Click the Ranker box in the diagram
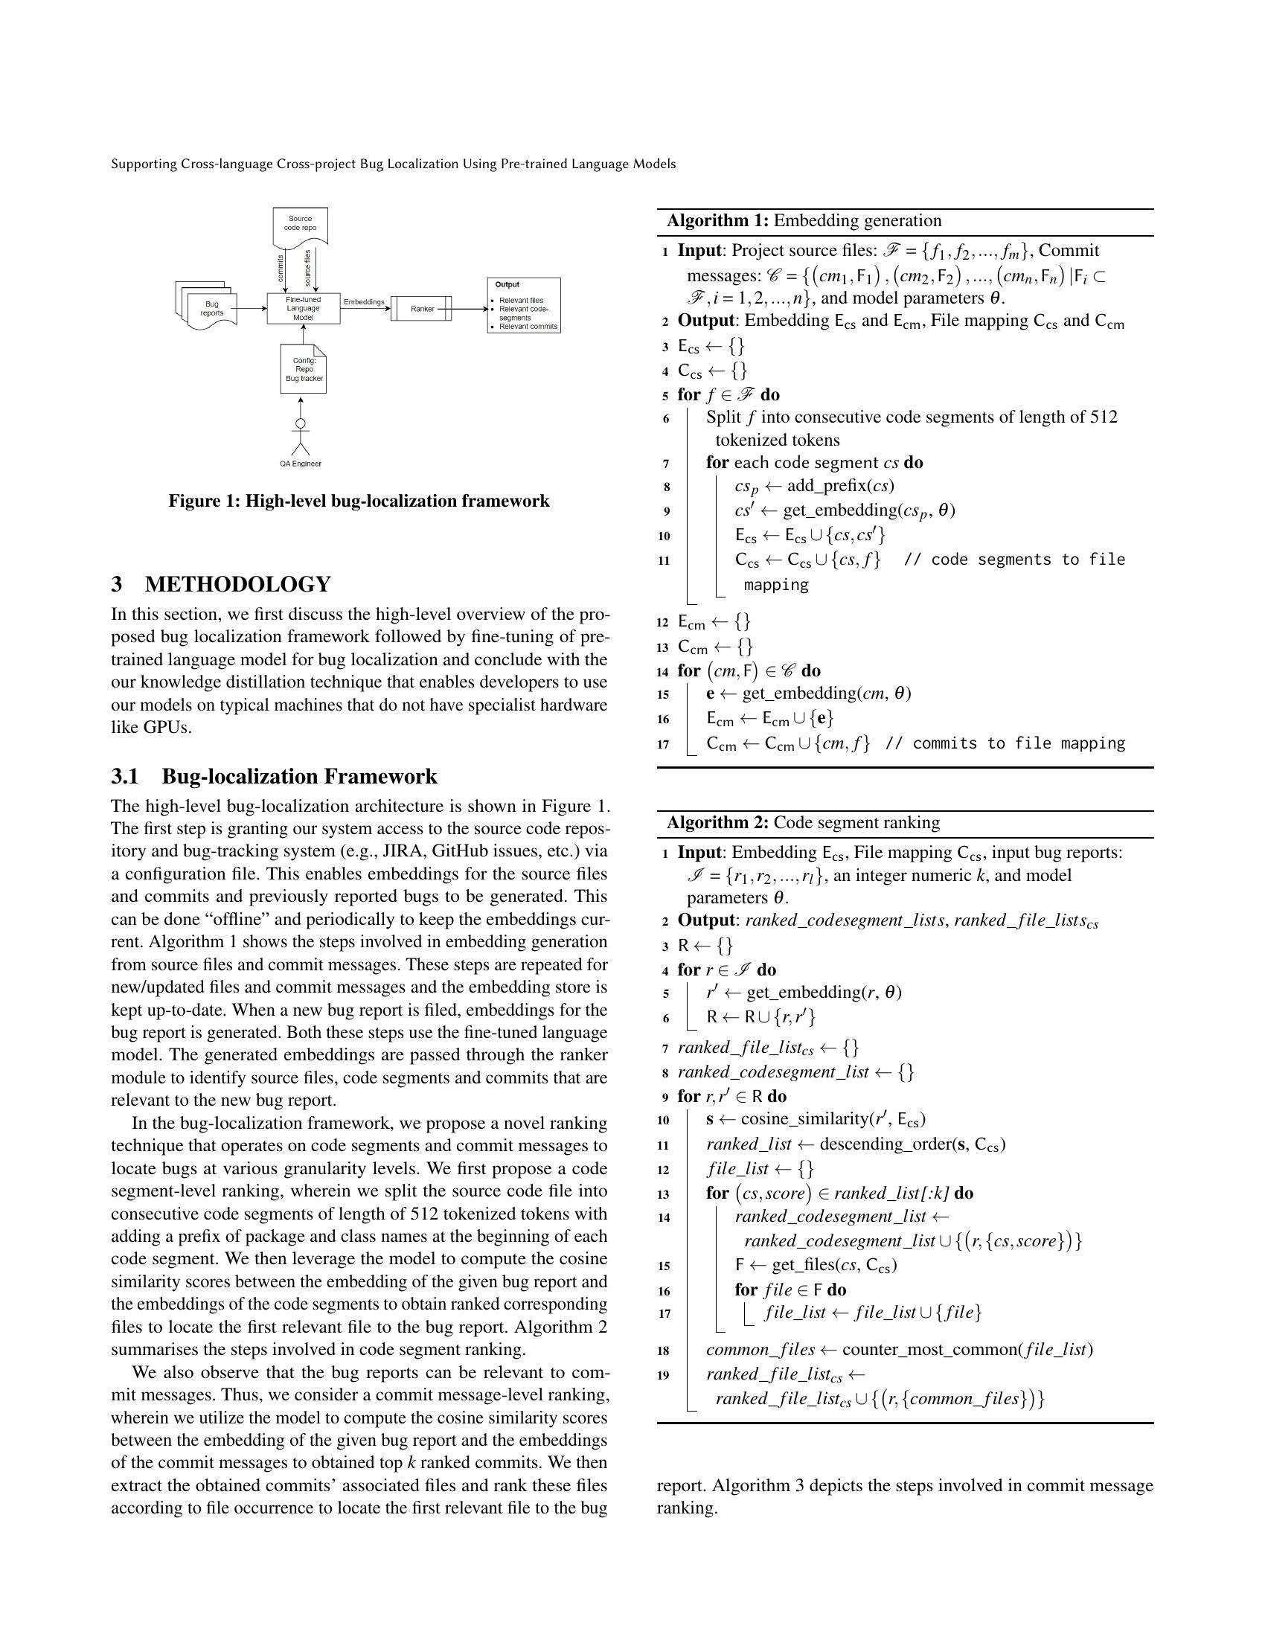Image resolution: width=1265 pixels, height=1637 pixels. click(421, 309)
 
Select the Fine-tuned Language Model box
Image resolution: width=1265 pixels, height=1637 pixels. click(304, 308)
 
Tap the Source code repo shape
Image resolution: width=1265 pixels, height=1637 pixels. click(300, 224)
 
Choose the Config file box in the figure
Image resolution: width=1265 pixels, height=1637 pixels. click(304, 369)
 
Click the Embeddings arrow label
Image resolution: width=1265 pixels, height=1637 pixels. click(363, 302)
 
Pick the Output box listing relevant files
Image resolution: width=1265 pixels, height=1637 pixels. click(524, 306)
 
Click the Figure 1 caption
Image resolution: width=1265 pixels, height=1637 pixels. click(359, 501)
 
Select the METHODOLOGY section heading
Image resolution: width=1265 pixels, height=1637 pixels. click(237, 584)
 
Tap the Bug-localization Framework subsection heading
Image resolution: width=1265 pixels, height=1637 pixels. click(299, 776)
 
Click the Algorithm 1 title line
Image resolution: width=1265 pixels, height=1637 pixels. click(804, 220)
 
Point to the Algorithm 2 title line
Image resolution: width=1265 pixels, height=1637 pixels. click(804, 822)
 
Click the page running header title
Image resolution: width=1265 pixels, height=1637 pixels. click(394, 164)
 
